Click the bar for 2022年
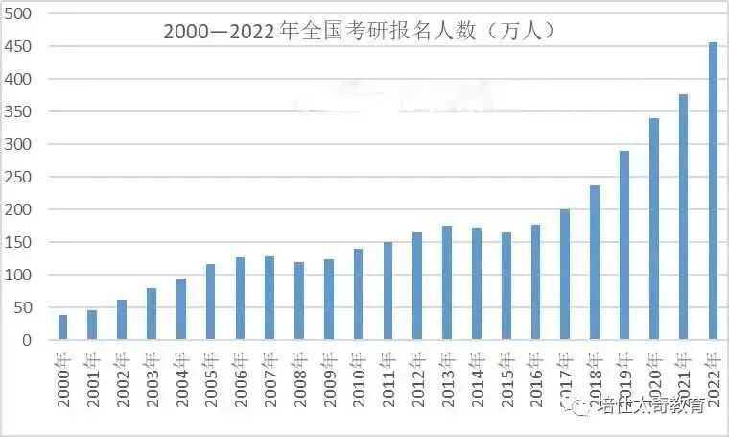click(714, 191)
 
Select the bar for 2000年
click(62, 328)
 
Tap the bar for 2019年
click(624, 245)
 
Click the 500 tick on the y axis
click(20, 13)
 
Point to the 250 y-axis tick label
click(20, 177)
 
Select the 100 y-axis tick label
click(20, 275)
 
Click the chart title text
click(359, 31)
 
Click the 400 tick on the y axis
click(20, 79)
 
